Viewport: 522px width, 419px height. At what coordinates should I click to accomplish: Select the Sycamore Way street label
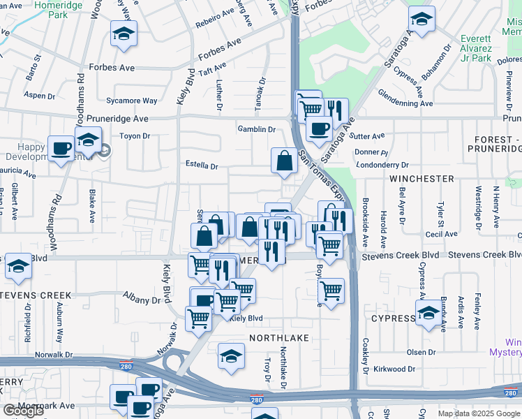click(131, 101)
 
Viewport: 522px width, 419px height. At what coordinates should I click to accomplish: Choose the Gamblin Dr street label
click(257, 129)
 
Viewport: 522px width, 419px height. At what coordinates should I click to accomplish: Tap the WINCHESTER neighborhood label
click(422, 179)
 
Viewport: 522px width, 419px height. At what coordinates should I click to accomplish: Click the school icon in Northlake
click(231, 355)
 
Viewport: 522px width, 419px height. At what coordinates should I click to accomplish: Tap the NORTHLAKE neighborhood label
click(274, 337)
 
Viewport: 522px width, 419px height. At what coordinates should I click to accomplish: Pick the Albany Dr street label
click(142, 300)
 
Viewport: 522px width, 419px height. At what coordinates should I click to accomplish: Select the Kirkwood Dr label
click(394, 369)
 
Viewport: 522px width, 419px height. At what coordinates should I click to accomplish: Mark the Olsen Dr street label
click(421, 352)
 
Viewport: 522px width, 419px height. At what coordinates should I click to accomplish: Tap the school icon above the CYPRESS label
click(428, 312)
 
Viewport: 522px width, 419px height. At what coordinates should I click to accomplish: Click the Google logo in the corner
click(24, 410)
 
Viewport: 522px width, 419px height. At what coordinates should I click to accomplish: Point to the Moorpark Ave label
click(48, 405)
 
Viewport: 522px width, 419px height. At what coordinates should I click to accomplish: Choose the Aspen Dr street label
click(39, 96)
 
